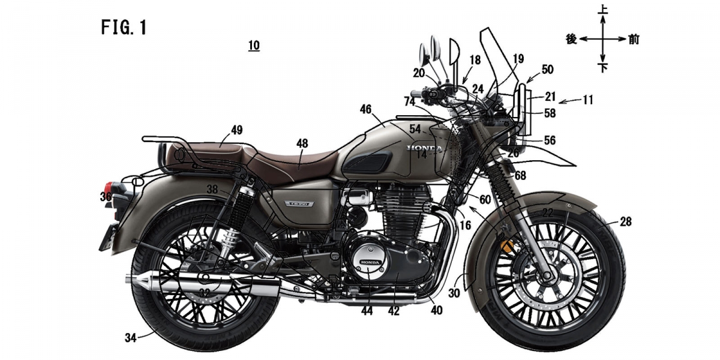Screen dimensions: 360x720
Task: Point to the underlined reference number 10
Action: (254, 46)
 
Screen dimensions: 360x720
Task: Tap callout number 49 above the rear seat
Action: (236, 130)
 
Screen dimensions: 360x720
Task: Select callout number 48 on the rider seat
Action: (302, 143)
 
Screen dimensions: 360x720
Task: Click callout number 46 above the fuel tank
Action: (366, 109)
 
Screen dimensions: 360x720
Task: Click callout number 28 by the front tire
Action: (626, 222)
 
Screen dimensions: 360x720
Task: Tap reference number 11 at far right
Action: (587, 100)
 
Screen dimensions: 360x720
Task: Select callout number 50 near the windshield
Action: (547, 70)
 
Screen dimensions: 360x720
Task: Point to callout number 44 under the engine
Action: (367, 311)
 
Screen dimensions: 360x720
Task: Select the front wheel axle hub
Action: (548, 277)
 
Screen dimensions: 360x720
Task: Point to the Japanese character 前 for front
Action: (634, 40)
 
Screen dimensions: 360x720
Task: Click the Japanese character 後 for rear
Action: (572, 40)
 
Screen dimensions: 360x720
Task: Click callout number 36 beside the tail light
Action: (106, 197)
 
